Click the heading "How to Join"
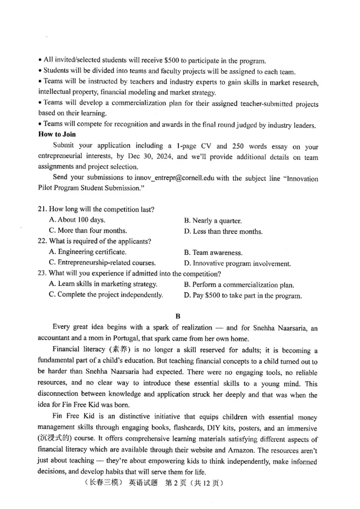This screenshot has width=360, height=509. point(57,134)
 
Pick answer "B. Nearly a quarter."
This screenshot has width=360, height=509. point(213,221)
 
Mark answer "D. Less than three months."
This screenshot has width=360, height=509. point(223,231)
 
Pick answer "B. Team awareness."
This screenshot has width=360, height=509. point(213,253)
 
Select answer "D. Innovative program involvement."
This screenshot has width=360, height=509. point(237,263)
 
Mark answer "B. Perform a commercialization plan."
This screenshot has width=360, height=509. point(239,285)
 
